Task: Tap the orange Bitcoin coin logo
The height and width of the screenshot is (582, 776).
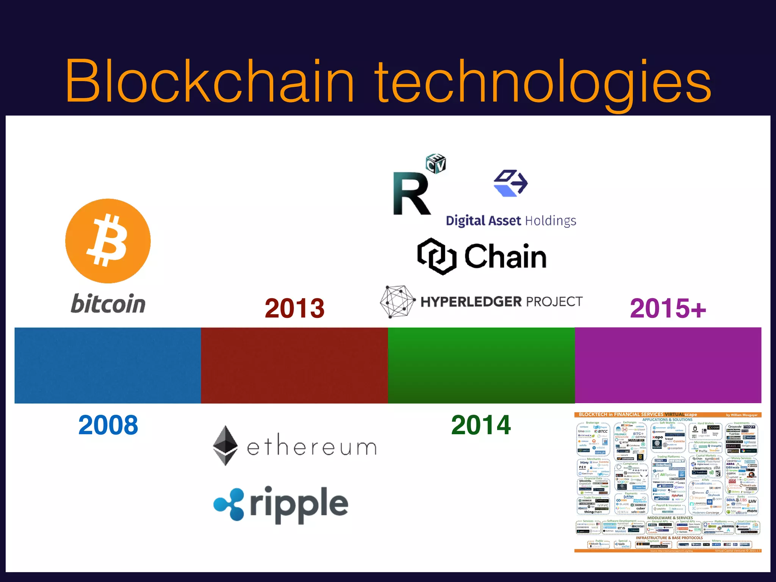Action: coord(108,241)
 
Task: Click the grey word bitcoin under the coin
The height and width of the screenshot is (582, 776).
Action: coord(108,304)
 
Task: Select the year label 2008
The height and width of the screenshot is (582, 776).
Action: coord(108,425)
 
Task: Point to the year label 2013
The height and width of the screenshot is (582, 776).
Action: coord(294,308)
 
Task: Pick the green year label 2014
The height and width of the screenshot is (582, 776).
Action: coord(481,425)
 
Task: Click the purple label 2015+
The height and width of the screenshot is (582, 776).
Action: coord(668,308)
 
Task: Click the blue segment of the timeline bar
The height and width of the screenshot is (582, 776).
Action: coord(108,365)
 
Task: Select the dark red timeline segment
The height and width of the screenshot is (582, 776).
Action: coord(294,365)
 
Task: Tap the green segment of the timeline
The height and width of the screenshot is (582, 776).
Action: coord(481,365)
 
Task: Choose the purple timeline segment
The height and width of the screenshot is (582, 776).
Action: coord(668,365)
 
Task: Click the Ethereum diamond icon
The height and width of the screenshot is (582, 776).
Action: coord(225,446)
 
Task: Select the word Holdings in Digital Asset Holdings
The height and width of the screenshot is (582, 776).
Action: coord(551,221)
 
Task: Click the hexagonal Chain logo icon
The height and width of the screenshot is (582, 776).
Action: coord(436,256)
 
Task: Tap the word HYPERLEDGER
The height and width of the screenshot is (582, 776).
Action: coord(471,302)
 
